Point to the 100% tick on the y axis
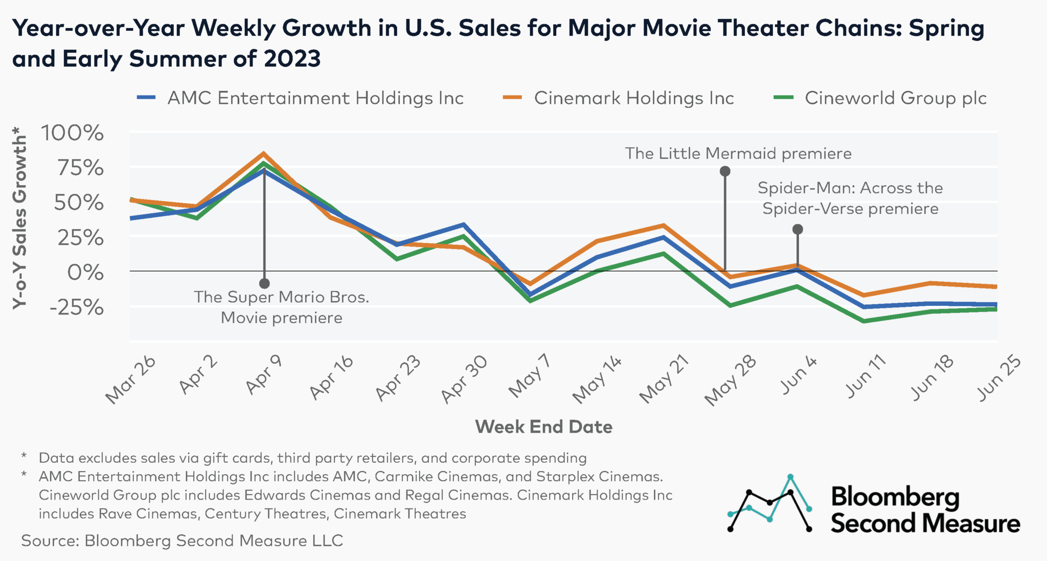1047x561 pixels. pos(72,133)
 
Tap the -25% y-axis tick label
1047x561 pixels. pos(77,307)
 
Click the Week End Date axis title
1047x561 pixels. pos(543,427)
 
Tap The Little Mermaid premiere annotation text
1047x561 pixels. pos(738,153)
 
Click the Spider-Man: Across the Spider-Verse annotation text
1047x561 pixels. pos(850,198)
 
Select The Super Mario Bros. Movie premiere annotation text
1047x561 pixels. pos(281,307)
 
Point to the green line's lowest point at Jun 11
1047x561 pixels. pos(864,321)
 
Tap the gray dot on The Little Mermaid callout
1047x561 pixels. pos(725,171)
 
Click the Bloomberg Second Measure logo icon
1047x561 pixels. pos(769,504)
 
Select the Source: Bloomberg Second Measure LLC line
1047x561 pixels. pos(182,541)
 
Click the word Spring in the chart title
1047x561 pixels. pos(946,28)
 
